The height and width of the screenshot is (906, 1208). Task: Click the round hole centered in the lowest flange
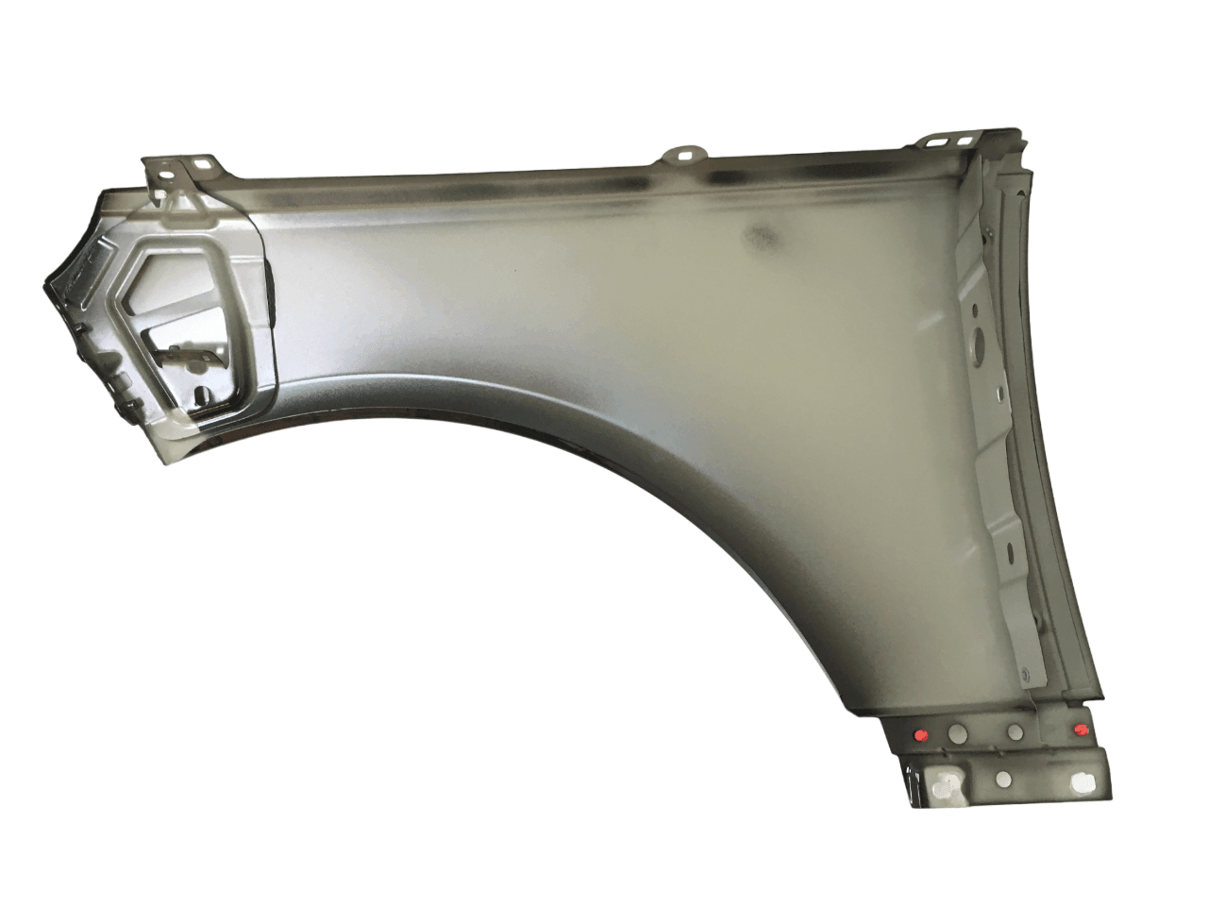(x=1003, y=780)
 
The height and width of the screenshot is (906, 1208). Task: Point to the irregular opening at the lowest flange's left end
(x=941, y=779)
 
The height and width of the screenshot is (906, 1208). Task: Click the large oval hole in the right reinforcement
(x=979, y=339)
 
